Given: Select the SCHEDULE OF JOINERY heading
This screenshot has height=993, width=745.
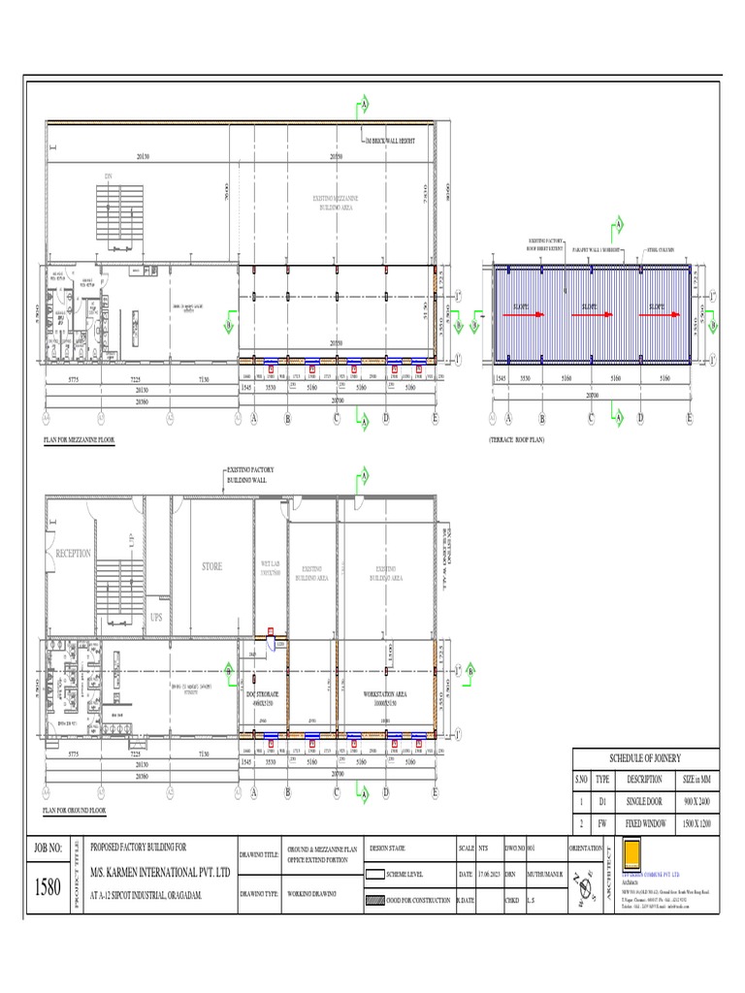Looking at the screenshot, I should coord(645,759).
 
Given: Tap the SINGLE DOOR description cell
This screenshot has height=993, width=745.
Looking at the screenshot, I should coord(644,803).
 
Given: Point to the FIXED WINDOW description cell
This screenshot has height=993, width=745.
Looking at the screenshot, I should coord(644,822).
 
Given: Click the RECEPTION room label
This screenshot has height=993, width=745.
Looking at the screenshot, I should coord(73,554).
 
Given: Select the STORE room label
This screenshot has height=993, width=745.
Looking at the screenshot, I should coord(211,566).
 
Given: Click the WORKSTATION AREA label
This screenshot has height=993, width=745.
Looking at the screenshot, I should coord(385,695).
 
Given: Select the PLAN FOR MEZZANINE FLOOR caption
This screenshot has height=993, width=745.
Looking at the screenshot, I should coord(79,439).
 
